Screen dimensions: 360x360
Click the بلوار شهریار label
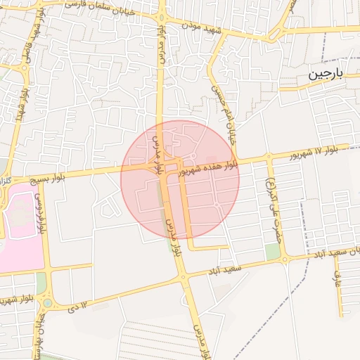(x=36, y=330)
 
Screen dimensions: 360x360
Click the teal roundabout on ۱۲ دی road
(x=47, y=304)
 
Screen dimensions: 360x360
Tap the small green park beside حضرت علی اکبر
(x=272, y=252)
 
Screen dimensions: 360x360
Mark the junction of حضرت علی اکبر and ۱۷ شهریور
(x=268, y=157)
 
